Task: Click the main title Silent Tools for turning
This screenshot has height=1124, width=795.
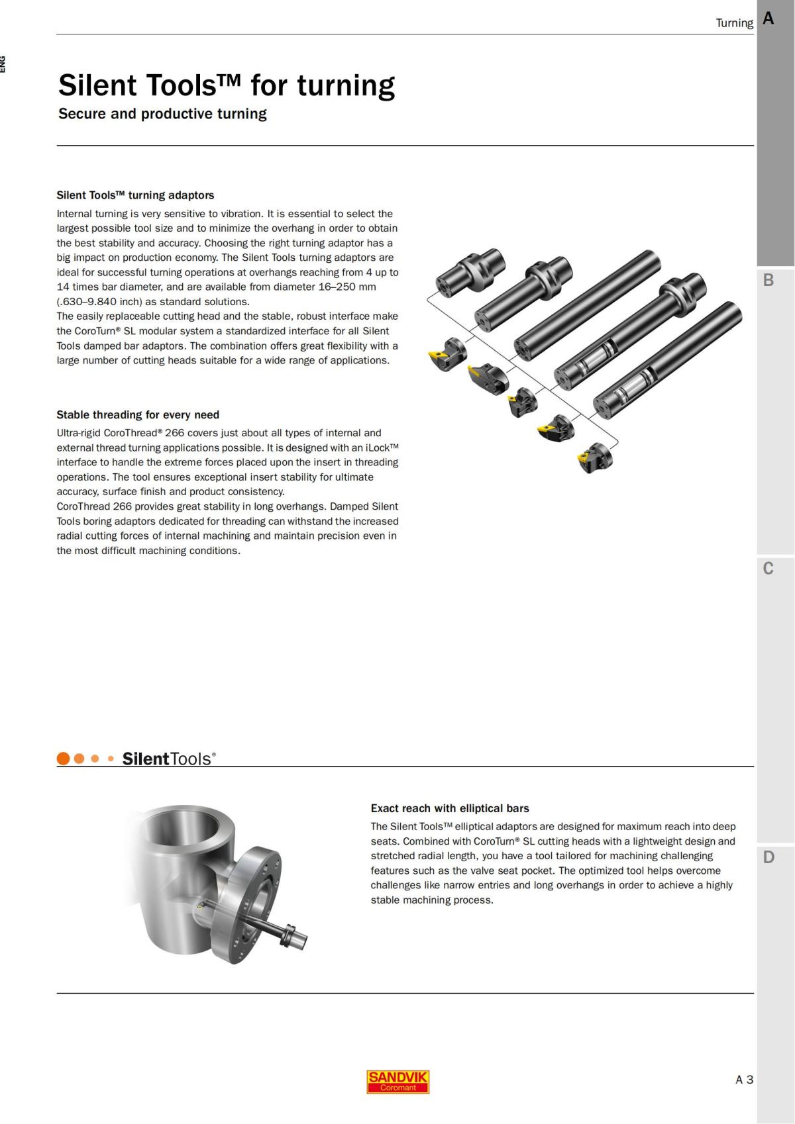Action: pyautogui.click(x=226, y=85)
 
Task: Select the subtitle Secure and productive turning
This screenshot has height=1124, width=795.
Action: pyautogui.click(x=162, y=114)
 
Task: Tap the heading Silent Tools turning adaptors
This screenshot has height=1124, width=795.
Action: pyautogui.click(x=135, y=195)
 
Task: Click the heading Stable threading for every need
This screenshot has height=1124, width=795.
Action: pyautogui.click(x=138, y=415)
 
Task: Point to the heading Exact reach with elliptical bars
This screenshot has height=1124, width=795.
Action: pyautogui.click(x=450, y=808)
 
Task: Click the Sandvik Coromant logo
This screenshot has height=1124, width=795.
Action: pyautogui.click(x=397, y=1082)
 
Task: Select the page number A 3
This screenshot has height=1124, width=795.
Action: pyautogui.click(x=744, y=1080)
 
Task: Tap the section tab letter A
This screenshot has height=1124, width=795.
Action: pyautogui.click(x=768, y=19)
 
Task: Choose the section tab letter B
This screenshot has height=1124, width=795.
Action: pyautogui.click(x=768, y=280)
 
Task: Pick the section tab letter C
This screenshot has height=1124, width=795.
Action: pyautogui.click(x=768, y=569)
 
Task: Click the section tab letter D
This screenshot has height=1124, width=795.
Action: pyautogui.click(x=768, y=857)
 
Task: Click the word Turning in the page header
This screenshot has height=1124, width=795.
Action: pyautogui.click(x=734, y=23)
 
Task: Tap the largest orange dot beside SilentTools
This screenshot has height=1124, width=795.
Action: pyautogui.click(x=64, y=759)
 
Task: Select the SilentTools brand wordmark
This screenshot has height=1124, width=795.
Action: pyautogui.click(x=169, y=759)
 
